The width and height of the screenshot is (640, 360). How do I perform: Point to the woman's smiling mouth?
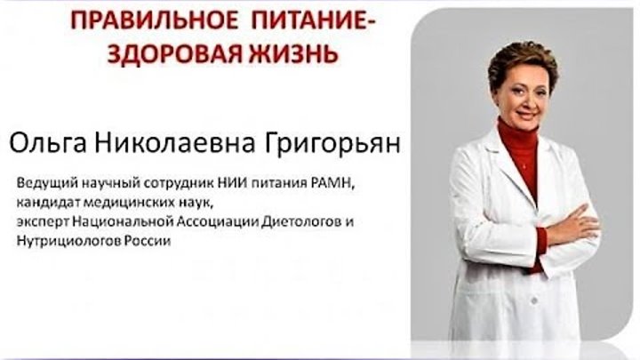point(525,114)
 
